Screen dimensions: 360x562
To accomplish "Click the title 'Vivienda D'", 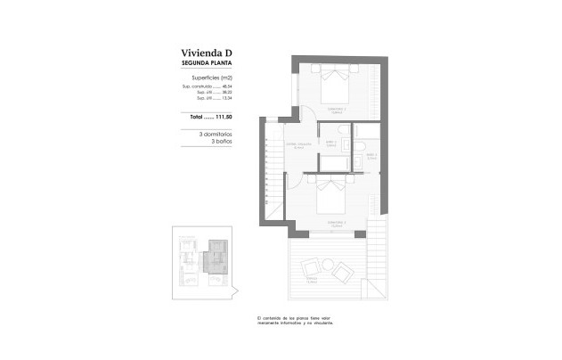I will pyautogui.click(x=206, y=53).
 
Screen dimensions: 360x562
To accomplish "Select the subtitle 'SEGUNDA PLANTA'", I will pyautogui.click(x=207, y=65).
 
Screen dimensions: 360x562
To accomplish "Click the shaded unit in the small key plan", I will pyautogui.click(x=216, y=259).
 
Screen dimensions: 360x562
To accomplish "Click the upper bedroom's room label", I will pyautogui.click(x=336, y=111).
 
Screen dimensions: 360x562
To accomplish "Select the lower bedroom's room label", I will pyautogui.click(x=334, y=224).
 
